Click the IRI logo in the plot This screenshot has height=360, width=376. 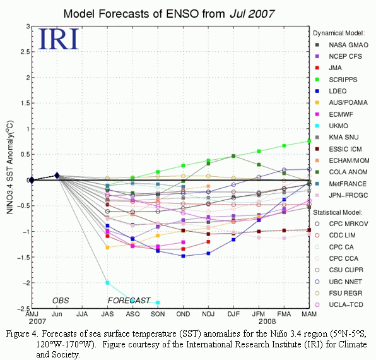58,39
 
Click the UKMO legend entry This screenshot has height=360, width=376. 331,126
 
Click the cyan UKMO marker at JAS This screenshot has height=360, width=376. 107,283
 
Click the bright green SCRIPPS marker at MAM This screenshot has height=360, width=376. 309,141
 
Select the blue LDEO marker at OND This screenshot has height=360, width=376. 183,256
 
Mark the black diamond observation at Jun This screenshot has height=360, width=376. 57,176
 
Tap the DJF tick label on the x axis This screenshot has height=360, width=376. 233,314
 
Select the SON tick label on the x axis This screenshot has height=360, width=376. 158,314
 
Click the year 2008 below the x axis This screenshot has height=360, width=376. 267,321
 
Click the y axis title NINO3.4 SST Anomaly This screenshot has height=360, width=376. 10,167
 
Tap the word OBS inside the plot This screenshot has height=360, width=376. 61,301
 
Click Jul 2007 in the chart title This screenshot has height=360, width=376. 252,14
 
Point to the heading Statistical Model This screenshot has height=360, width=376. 338,212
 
